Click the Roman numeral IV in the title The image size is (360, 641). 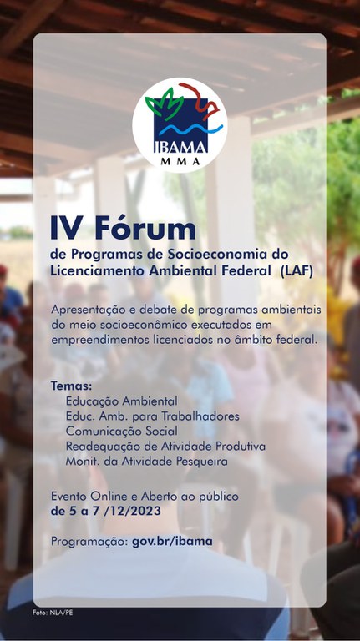(65, 228)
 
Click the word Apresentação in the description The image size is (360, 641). (86, 310)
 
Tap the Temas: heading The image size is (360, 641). (71, 387)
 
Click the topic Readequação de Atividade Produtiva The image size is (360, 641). (165, 446)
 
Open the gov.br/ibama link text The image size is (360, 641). (172, 541)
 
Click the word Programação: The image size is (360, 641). (89, 541)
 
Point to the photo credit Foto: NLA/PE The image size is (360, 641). (53, 613)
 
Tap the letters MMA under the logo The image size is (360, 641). (180, 161)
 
